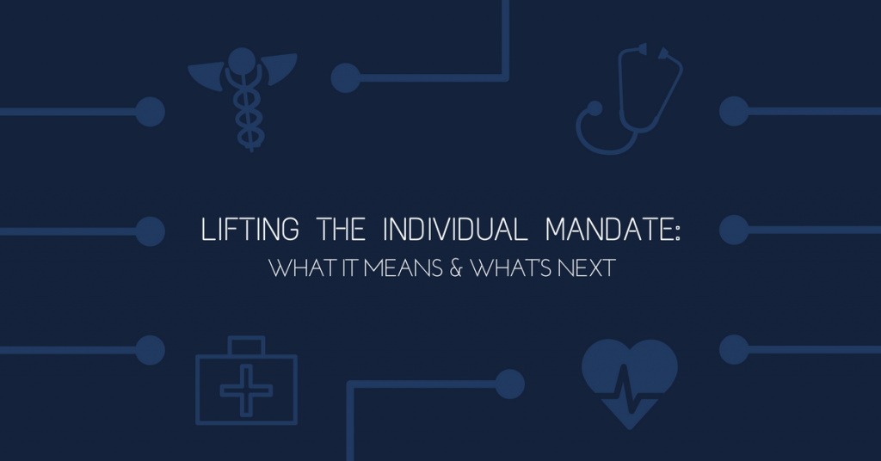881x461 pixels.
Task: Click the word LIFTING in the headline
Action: pos(250,229)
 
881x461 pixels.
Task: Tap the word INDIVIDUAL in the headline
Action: pos(455,229)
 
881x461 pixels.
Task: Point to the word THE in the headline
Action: pos(341,229)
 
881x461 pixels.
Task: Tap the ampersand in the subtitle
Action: pos(456,267)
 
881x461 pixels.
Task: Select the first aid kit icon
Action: pos(247,380)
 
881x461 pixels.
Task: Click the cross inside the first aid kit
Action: pos(247,390)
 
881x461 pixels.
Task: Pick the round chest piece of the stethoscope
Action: pos(594,108)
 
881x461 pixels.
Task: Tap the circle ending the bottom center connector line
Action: pos(509,384)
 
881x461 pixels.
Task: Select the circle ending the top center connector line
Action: pos(346,78)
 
